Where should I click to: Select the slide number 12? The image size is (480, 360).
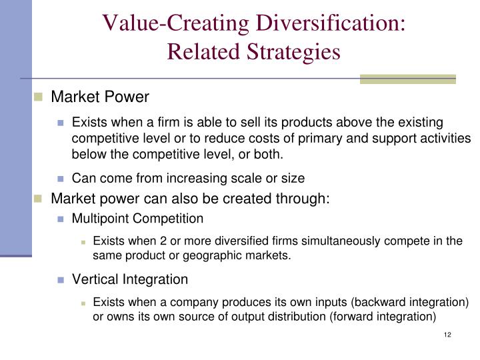coord(447,334)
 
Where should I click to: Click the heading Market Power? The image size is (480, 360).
coord(100,97)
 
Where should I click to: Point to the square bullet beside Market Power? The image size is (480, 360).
coord(38,97)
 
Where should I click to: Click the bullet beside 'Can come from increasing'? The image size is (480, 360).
coord(61,179)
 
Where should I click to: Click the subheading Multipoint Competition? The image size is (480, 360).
coord(137,219)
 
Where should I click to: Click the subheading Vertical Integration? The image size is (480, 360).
coord(130,279)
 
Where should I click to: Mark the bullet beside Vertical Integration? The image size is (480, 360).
coord(61,279)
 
